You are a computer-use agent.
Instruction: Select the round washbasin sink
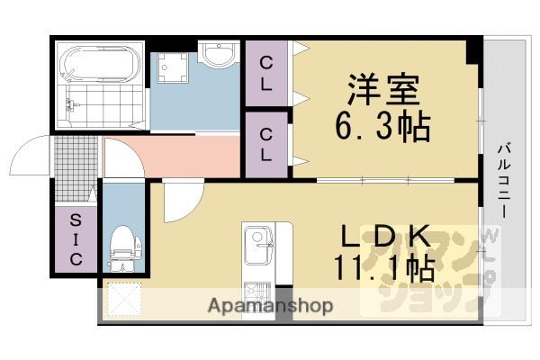coord(216,56)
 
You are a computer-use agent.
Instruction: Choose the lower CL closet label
coord(267,143)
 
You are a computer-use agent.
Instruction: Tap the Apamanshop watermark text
coord(271,306)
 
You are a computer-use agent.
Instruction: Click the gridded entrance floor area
coord(74,171)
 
